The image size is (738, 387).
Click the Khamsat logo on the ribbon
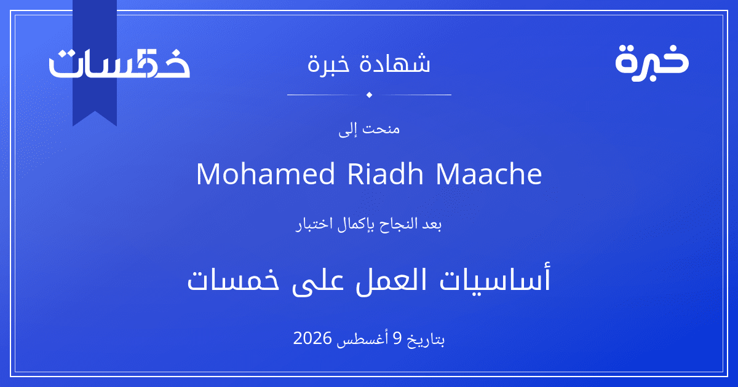tap(119, 63)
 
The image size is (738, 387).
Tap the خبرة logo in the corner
tap(652, 63)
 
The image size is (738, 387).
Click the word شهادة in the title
tap(395, 63)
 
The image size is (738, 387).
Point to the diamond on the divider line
tap(369, 95)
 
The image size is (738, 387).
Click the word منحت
tap(381, 128)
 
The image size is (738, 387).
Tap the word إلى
tap(347, 130)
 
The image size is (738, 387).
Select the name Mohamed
tap(265, 173)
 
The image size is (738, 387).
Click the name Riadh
tap(385, 173)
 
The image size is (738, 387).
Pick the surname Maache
tap(489, 173)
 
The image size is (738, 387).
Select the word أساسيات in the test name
tap(495, 279)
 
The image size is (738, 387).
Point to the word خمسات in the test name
tap(233, 280)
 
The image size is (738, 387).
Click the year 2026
tap(312, 338)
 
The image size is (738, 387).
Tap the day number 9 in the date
tap(398, 338)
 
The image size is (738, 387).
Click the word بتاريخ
tap(426, 340)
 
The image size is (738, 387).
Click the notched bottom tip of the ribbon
tap(95, 112)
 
